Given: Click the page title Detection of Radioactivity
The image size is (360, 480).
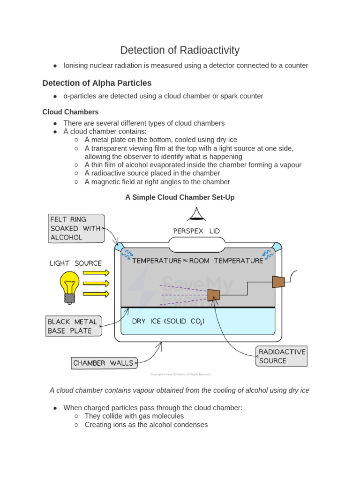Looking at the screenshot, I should click(180, 50).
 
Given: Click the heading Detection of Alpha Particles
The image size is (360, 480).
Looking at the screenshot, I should click(97, 83).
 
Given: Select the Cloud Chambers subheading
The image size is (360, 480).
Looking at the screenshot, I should click(70, 112).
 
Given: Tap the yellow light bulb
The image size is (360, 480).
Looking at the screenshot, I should click(69, 284).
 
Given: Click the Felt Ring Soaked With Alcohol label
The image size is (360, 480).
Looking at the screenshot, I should click(76, 228).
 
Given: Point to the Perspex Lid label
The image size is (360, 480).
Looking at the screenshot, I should click(196, 231).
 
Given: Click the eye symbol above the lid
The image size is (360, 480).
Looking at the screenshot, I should click(197, 214).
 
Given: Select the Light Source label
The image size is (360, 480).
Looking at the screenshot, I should click(75, 263).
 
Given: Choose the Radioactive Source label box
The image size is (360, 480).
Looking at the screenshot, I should click(282, 356).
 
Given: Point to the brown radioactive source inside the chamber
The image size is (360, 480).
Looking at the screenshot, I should click(214, 295).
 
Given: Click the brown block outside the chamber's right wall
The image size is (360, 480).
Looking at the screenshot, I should click(278, 282).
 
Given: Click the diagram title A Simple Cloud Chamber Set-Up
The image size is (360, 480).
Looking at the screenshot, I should click(180, 197).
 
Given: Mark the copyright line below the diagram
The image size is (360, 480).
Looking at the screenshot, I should click(180, 374).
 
